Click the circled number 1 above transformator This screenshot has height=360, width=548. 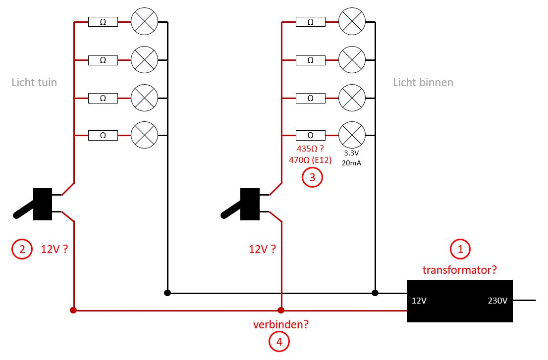pos(460,249)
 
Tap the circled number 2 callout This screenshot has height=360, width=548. pos(22,249)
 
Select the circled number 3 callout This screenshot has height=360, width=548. pos(312,177)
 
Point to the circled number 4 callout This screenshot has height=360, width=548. pos(279,342)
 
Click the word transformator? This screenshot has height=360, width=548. pos(460,270)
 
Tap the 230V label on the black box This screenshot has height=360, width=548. pos(497,301)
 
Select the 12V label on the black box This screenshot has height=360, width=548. pos(419,301)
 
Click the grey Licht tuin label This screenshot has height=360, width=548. pos(34,82)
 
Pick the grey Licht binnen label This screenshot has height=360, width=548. pos(423,82)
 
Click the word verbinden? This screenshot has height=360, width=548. pos(281,324)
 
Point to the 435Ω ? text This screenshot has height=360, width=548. pos(310,149)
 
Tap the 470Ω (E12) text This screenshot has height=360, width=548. pos(310,160)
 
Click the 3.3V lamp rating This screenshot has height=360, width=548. pos(352,153)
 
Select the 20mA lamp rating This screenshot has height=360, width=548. pos(352,163)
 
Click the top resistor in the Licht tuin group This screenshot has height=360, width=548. pos(103,22)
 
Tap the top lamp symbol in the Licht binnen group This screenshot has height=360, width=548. pos(352,21)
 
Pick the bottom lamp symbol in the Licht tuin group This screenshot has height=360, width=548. pos(144,135)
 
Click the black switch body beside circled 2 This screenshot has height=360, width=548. pos(43,205)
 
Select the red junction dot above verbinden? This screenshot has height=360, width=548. pos(280,310)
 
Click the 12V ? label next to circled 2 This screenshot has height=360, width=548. pos(55,249)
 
